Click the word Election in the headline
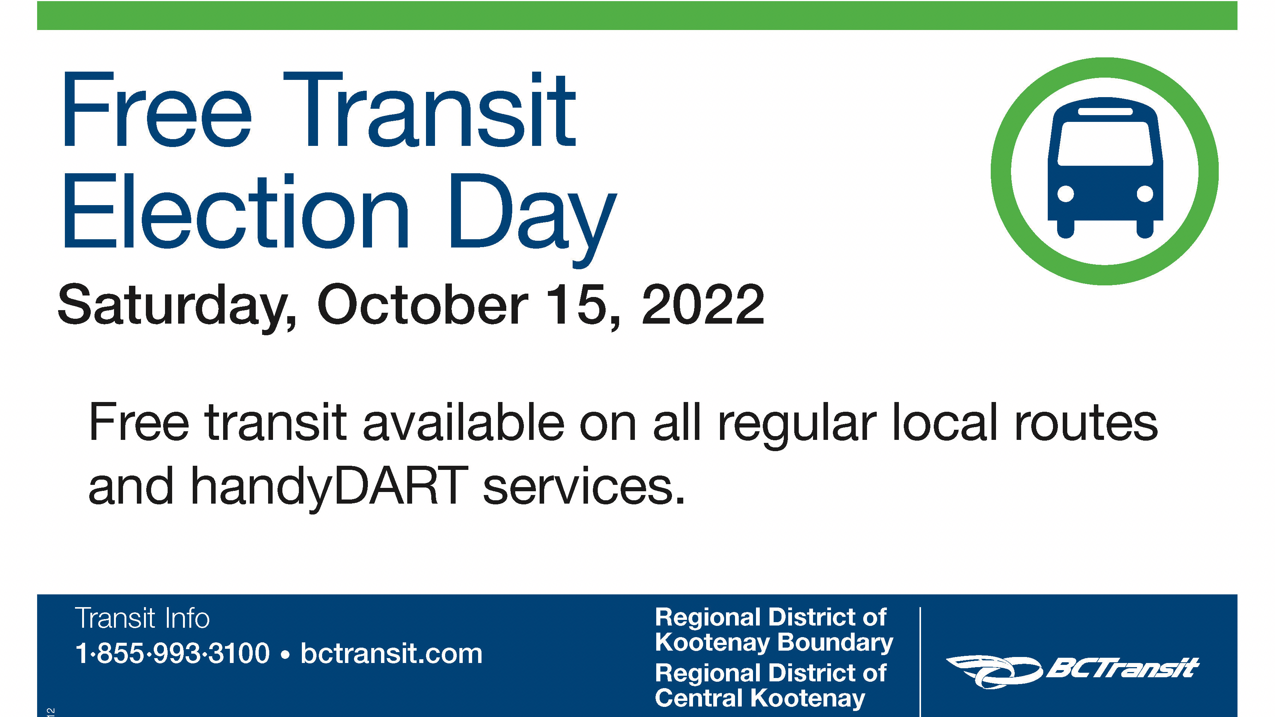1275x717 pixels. (235, 211)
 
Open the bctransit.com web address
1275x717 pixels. (391, 653)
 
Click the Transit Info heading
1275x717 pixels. (142, 618)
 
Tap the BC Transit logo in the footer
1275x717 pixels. (1072, 671)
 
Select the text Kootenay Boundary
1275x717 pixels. (774, 642)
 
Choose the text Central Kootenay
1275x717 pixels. (760, 698)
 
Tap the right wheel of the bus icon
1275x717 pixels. (1145, 229)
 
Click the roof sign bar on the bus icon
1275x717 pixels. (1105, 111)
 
